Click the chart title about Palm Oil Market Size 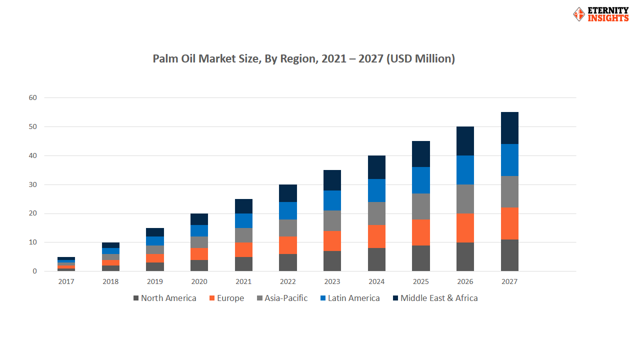303,58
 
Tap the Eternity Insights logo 600,14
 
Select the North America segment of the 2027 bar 509,255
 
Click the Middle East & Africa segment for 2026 465,141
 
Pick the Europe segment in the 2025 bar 420,232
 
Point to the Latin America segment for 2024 376,190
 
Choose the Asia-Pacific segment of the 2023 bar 332,220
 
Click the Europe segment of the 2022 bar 287,245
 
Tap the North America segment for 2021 243,263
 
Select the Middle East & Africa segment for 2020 199,219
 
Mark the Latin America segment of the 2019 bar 154,240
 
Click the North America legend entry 164,298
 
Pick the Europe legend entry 226,298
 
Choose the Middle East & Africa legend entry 435,298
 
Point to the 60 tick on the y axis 32,98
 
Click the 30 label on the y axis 32,185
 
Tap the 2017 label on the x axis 66,281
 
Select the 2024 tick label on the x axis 376,281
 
